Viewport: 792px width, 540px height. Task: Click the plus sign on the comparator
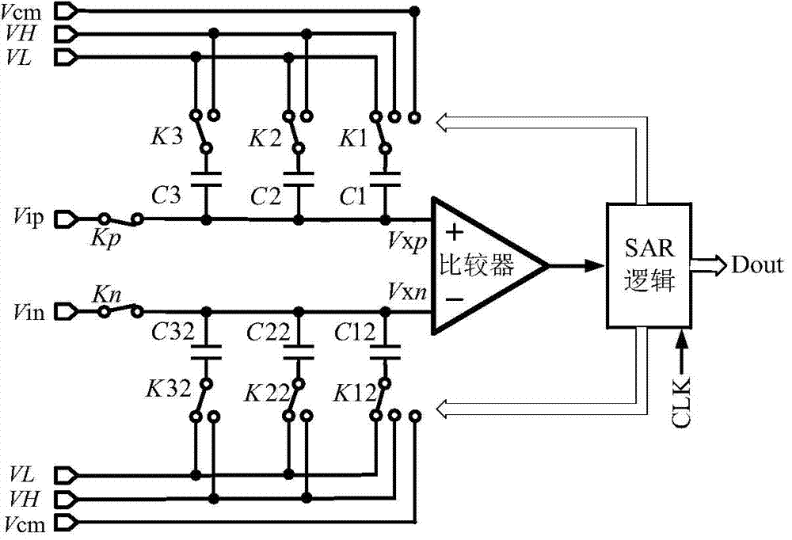455,231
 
